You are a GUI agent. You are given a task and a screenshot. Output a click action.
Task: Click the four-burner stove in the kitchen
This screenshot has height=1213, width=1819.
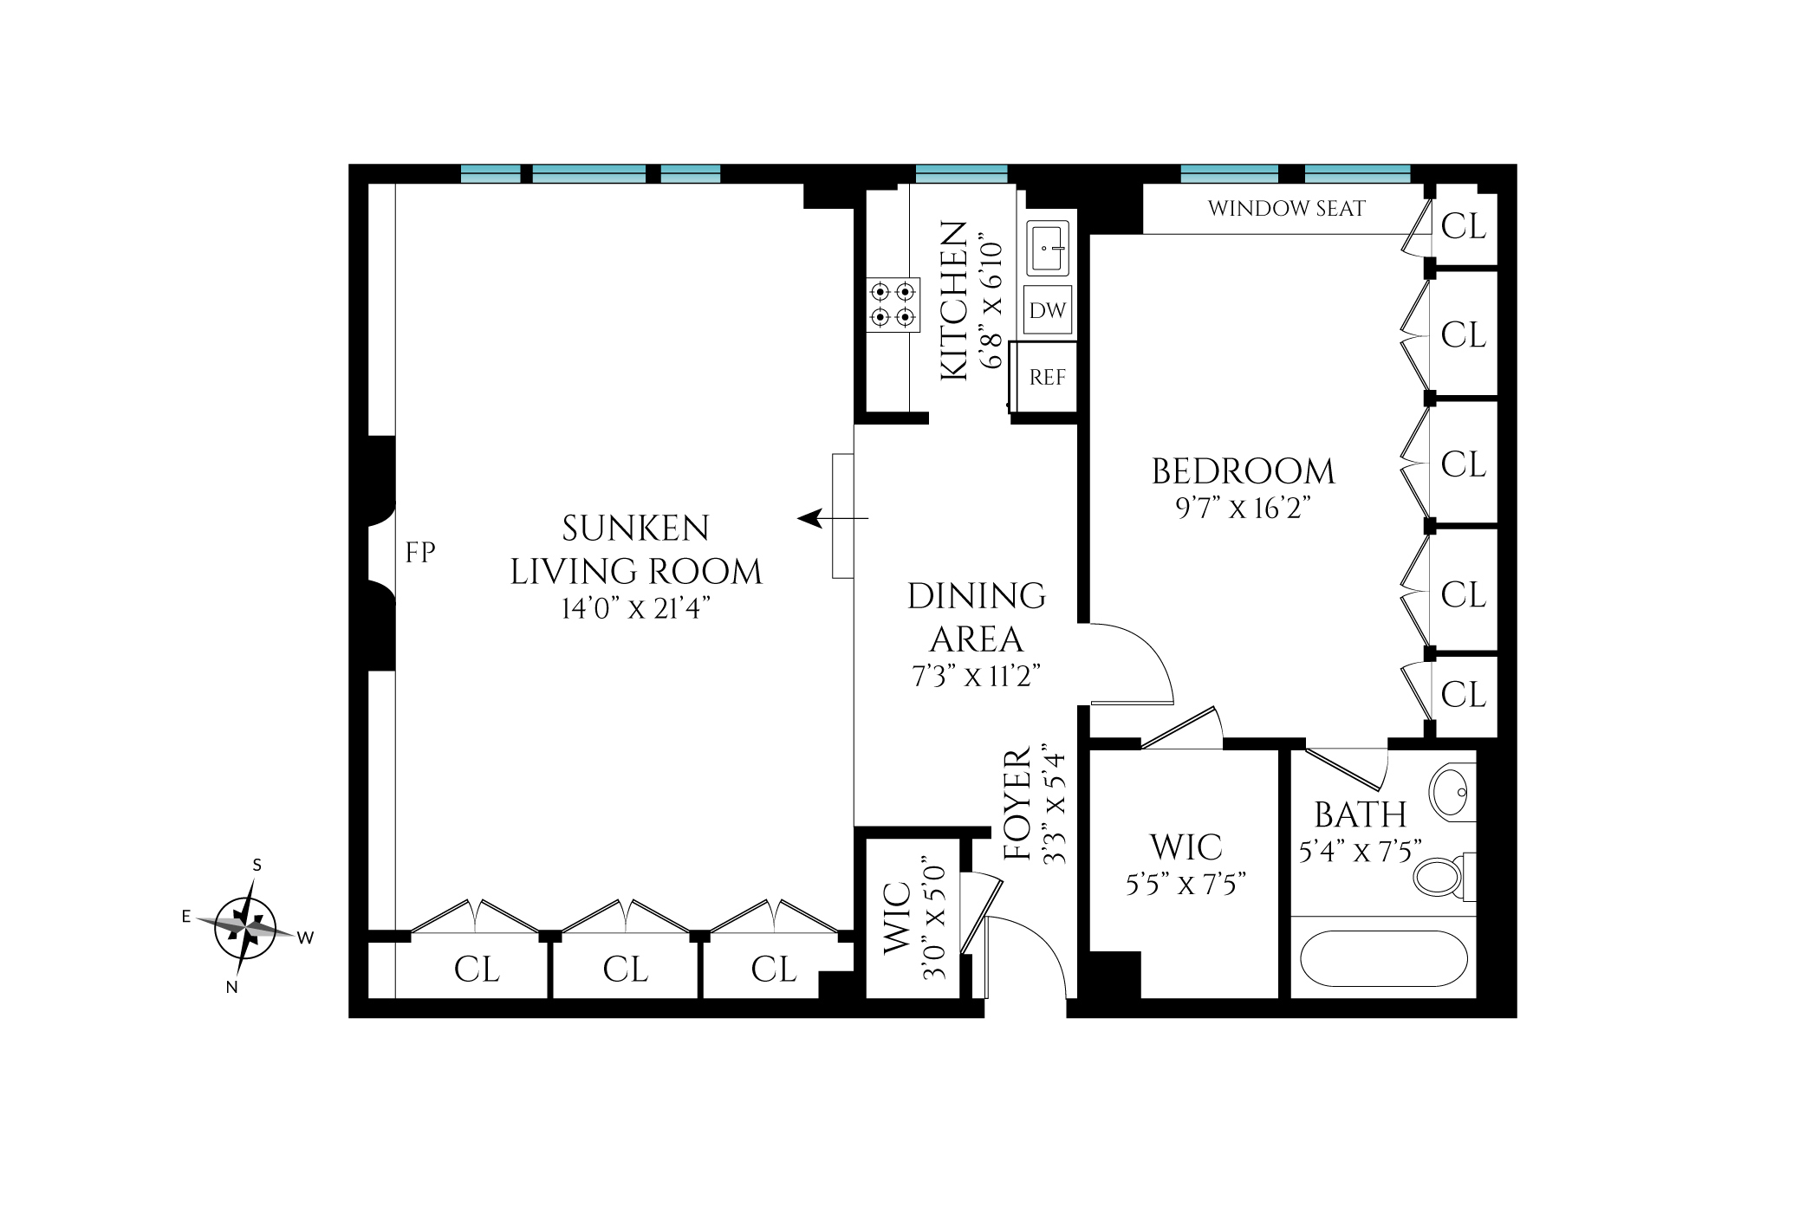[893, 305]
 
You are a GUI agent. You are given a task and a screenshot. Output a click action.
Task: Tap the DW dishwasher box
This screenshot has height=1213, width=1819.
[1048, 309]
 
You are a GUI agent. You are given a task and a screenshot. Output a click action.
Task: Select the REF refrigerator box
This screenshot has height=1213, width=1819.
[1044, 377]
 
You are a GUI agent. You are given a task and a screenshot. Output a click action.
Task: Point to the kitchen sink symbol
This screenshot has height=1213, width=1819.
[1048, 248]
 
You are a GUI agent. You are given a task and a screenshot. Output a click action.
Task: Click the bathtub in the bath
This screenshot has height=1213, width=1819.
[1383, 958]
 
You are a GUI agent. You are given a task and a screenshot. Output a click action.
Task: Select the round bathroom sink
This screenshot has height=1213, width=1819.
[1452, 792]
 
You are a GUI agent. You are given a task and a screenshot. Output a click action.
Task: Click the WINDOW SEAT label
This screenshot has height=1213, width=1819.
[1286, 209]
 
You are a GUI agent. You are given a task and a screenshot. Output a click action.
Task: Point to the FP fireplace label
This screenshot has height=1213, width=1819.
[420, 553]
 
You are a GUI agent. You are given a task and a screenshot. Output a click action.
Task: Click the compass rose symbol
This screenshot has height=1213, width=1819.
[245, 927]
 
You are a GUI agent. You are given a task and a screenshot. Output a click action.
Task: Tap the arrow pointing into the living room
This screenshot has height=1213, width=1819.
[832, 519]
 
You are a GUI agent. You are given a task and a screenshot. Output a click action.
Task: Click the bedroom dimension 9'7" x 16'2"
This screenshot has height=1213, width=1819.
[1243, 508]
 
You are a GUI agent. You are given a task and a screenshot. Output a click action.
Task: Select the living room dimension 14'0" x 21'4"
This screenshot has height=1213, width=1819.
[635, 608]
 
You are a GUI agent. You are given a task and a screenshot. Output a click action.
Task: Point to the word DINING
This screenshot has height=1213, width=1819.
[977, 596]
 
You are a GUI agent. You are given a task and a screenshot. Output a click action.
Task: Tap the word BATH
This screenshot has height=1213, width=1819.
[1361, 815]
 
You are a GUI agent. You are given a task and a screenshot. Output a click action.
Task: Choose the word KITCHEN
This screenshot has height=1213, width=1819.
[954, 300]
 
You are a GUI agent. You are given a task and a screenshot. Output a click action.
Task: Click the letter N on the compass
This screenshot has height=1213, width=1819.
[231, 987]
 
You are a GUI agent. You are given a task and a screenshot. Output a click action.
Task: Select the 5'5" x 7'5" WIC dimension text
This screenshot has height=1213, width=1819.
[1186, 884]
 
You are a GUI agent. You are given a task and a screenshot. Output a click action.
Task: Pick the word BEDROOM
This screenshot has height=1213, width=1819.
[1244, 471]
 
